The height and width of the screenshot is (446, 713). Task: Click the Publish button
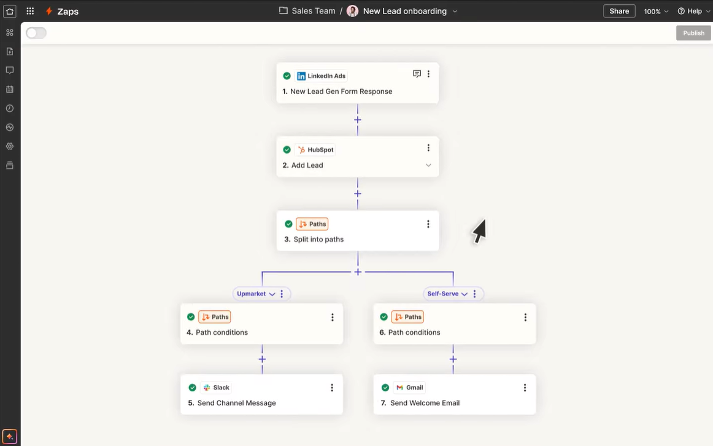tap(693, 33)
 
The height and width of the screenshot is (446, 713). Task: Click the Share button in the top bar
tap(619, 11)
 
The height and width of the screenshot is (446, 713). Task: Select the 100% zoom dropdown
tap(656, 12)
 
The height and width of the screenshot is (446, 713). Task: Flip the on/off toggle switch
tap(36, 33)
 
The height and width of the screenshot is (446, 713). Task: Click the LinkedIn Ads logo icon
tap(301, 76)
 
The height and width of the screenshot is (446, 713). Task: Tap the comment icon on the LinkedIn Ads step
tap(417, 74)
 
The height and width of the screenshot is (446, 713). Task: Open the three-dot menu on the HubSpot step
tap(428, 148)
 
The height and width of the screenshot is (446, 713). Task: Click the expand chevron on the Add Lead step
tap(428, 165)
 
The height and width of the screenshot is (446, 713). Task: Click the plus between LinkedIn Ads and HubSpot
tap(358, 120)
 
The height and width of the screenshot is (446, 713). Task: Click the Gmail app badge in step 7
tap(409, 388)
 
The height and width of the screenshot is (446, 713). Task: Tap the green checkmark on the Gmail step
tap(385, 388)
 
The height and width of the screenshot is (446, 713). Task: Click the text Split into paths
tap(318, 240)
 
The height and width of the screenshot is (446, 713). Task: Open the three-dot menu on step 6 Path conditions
tap(525, 318)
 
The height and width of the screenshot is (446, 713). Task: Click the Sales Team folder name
tap(313, 11)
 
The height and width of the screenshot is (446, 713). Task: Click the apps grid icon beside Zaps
tap(30, 11)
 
